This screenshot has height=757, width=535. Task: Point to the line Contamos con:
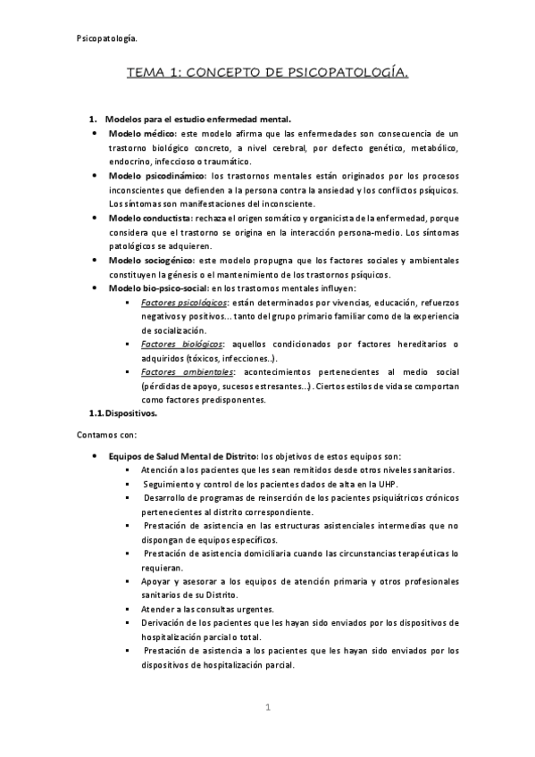[104, 435]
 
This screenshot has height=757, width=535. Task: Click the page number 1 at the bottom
[267, 708]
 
